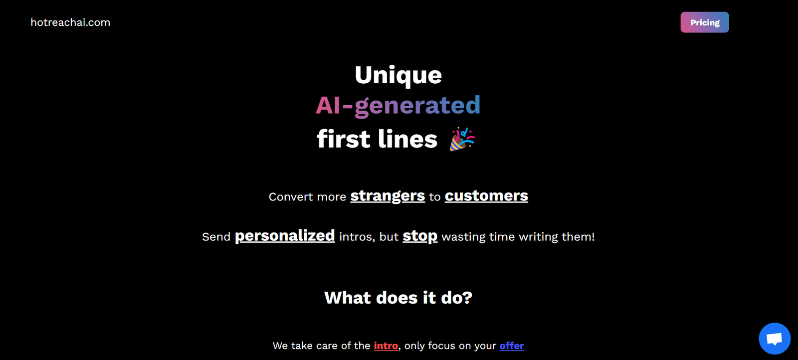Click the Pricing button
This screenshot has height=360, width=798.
click(x=705, y=22)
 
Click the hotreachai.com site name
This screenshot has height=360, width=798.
click(x=70, y=22)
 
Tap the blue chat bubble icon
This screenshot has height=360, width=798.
click(x=775, y=339)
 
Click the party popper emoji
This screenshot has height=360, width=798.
click(x=462, y=139)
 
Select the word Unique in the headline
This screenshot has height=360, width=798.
click(x=399, y=75)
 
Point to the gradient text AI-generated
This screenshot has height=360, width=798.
click(x=399, y=106)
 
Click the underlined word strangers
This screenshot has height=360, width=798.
click(x=388, y=196)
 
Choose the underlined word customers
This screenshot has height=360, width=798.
click(x=486, y=196)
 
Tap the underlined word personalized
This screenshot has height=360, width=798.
click(x=285, y=236)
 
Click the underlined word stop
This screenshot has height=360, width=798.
click(x=420, y=236)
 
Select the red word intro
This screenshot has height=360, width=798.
click(x=386, y=346)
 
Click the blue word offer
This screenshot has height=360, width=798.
click(x=512, y=346)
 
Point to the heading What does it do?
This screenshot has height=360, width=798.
click(x=399, y=298)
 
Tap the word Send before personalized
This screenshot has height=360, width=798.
click(x=216, y=237)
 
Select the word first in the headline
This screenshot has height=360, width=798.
click(x=343, y=139)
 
